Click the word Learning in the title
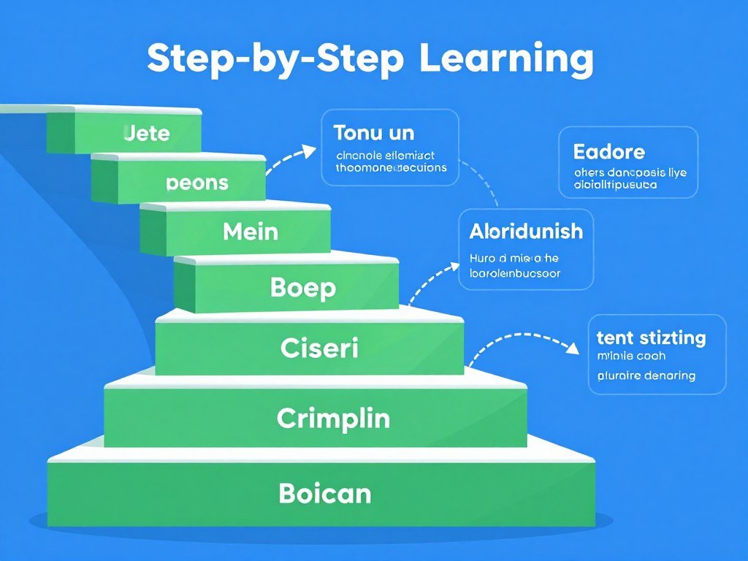click(506, 60)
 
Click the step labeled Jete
click(147, 133)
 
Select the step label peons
click(197, 182)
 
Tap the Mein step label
click(251, 232)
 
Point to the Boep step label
click(303, 287)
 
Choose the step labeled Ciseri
click(319, 348)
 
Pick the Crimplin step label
click(333, 419)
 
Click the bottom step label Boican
click(324, 494)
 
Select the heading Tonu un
click(373, 133)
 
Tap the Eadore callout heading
click(609, 152)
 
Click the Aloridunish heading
click(526, 232)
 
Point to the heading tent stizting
click(651, 338)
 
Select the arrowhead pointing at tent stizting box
click(574, 349)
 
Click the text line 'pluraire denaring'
click(646, 375)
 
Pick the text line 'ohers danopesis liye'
click(630, 173)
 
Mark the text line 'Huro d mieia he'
click(514, 259)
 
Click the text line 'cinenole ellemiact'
click(385, 155)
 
